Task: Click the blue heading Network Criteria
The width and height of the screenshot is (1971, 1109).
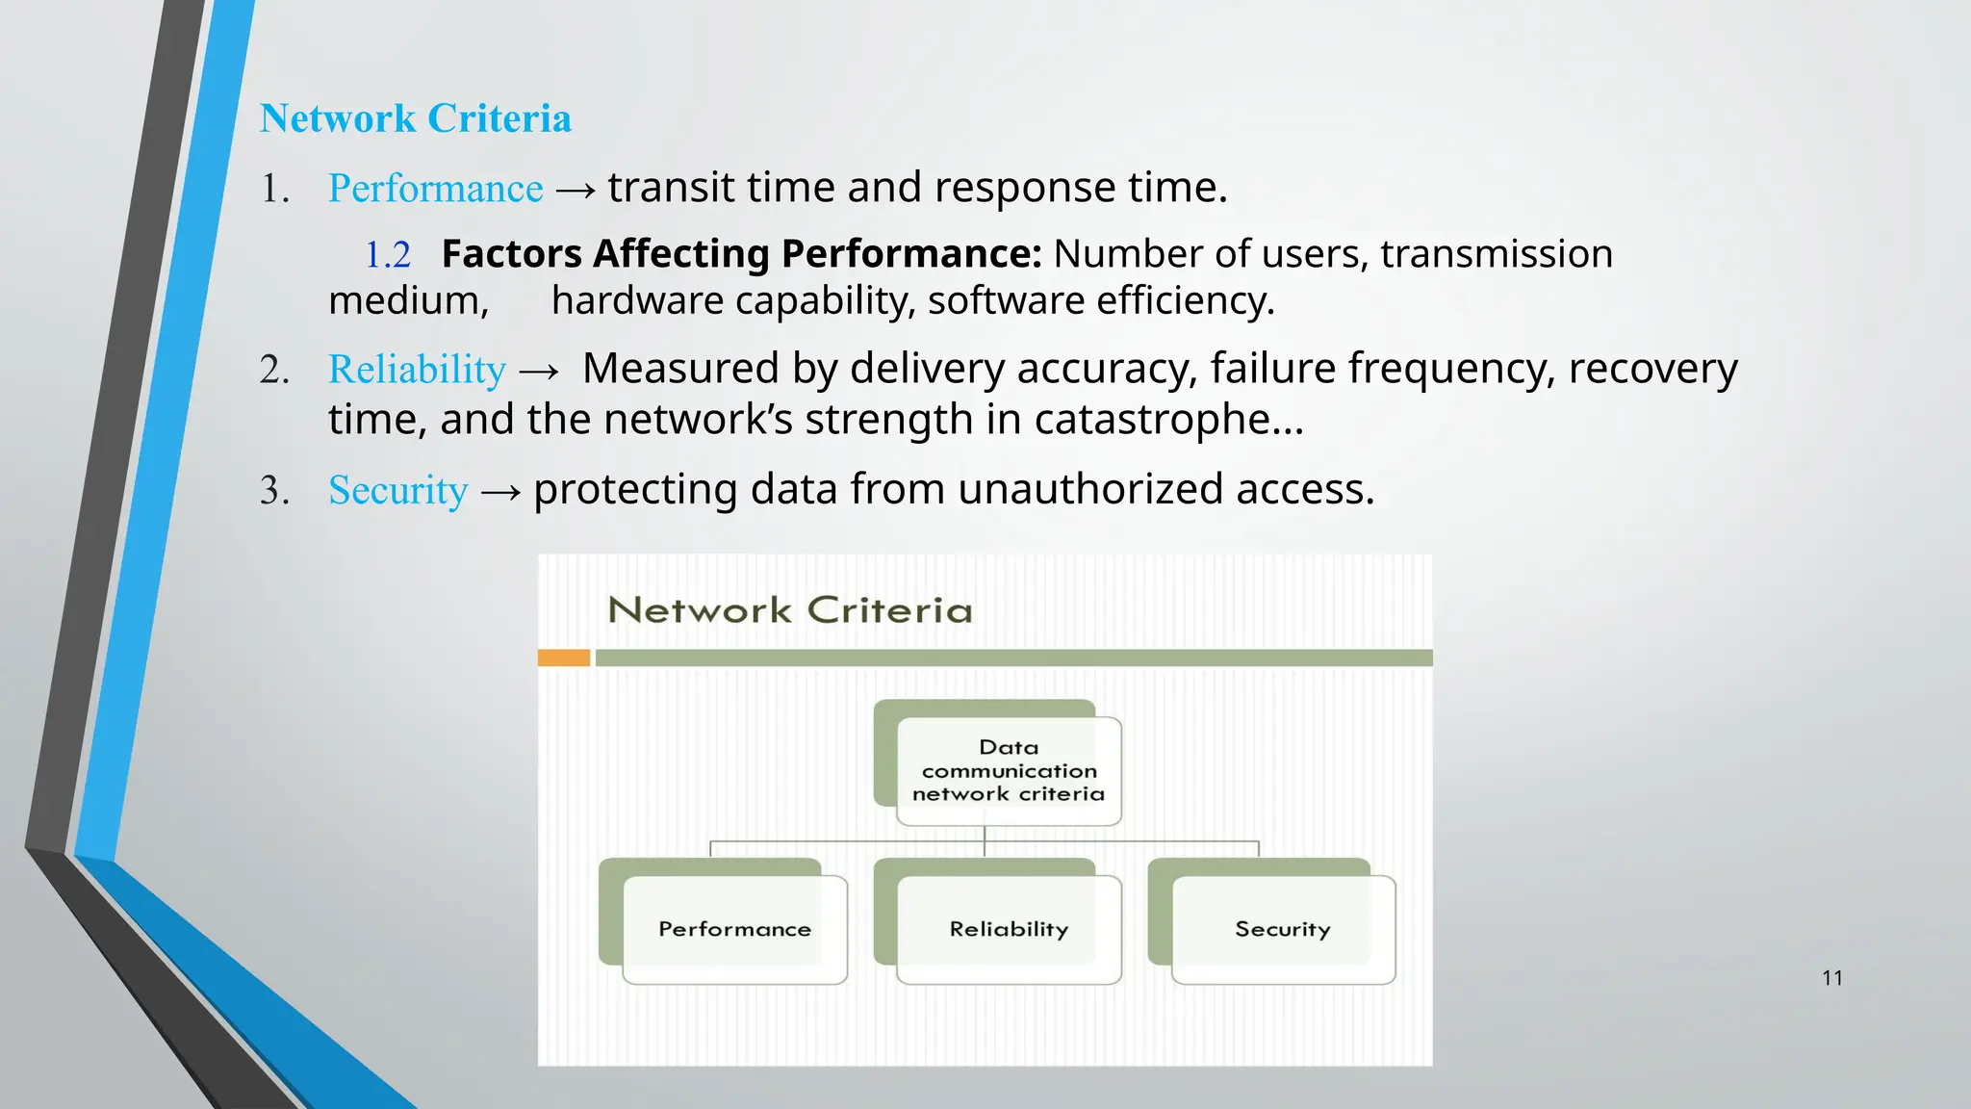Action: (415, 118)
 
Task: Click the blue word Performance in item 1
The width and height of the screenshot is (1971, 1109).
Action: (435, 188)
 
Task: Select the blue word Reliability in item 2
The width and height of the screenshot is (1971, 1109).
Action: (417, 370)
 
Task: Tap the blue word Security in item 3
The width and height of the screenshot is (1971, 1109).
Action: (397, 490)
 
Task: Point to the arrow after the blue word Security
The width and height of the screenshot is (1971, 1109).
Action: (500, 493)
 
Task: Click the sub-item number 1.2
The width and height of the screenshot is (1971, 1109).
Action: (388, 255)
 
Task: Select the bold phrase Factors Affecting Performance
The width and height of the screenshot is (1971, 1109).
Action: (741, 254)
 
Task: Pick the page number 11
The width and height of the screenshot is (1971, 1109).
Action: (1831, 978)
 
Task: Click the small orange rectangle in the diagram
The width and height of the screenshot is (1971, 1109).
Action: (564, 658)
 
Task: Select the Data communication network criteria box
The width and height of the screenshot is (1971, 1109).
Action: (1009, 770)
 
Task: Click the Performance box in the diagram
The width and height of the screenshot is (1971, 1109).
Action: (735, 929)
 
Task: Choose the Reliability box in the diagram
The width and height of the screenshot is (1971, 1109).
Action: (1009, 929)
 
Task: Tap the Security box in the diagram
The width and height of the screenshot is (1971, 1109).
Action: (1283, 929)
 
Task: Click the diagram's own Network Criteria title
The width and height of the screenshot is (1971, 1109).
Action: (790, 610)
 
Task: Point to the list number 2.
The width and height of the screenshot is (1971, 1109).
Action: (274, 371)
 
